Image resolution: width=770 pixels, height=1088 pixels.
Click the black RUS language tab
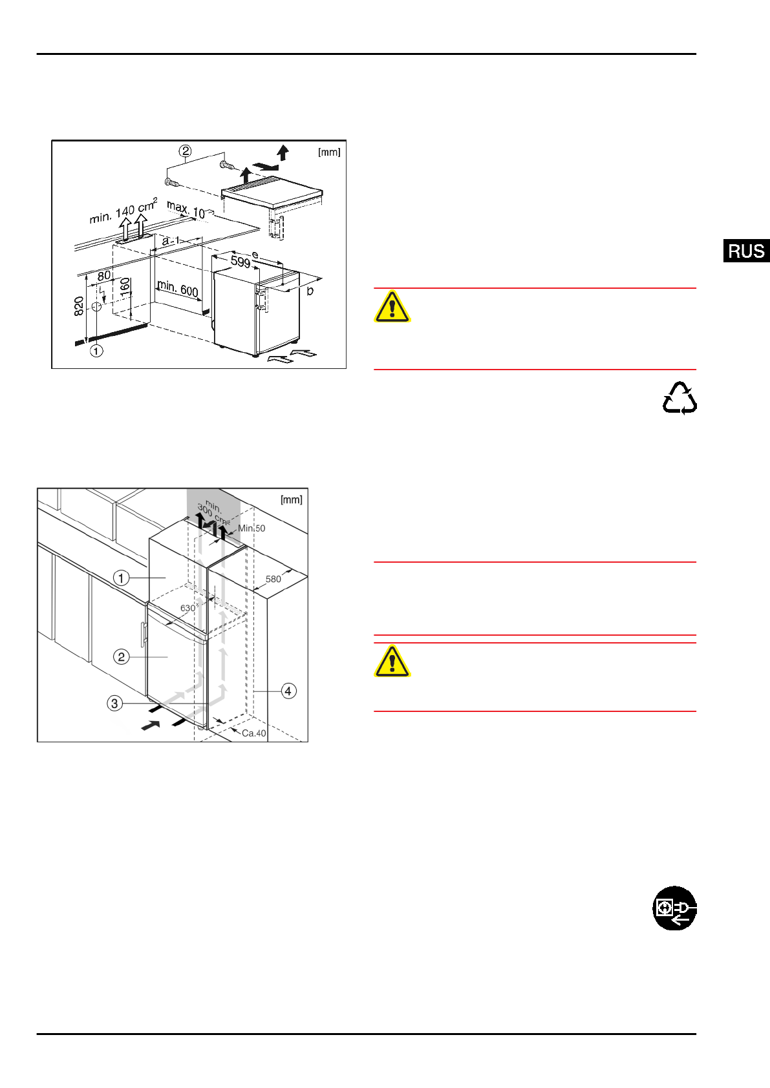tap(746, 251)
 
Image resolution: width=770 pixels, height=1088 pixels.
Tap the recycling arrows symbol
tap(679, 398)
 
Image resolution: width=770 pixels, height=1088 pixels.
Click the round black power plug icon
tap(674, 908)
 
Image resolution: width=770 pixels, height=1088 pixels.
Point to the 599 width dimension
tap(241, 262)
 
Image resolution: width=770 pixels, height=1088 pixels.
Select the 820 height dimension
tap(79, 306)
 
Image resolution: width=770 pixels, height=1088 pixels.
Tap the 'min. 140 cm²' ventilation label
tap(123, 211)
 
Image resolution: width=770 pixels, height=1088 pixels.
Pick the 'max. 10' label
tap(186, 210)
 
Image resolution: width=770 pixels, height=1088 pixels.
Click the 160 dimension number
tap(125, 286)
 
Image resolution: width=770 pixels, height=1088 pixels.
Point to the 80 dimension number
tap(104, 276)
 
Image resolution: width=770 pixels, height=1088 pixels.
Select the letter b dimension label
tap(310, 291)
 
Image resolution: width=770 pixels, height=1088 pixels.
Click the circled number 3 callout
tap(114, 703)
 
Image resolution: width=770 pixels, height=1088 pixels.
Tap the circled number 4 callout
tap(288, 691)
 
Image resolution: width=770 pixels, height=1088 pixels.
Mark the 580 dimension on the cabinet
tap(273, 579)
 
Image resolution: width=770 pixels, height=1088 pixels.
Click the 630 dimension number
tap(187, 608)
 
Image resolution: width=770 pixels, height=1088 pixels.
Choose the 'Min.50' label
tap(251, 528)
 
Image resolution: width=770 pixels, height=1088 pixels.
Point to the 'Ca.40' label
tap(253, 733)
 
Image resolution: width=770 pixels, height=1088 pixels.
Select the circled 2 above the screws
tap(186, 151)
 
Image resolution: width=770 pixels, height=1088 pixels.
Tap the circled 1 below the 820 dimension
tap(96, 351)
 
